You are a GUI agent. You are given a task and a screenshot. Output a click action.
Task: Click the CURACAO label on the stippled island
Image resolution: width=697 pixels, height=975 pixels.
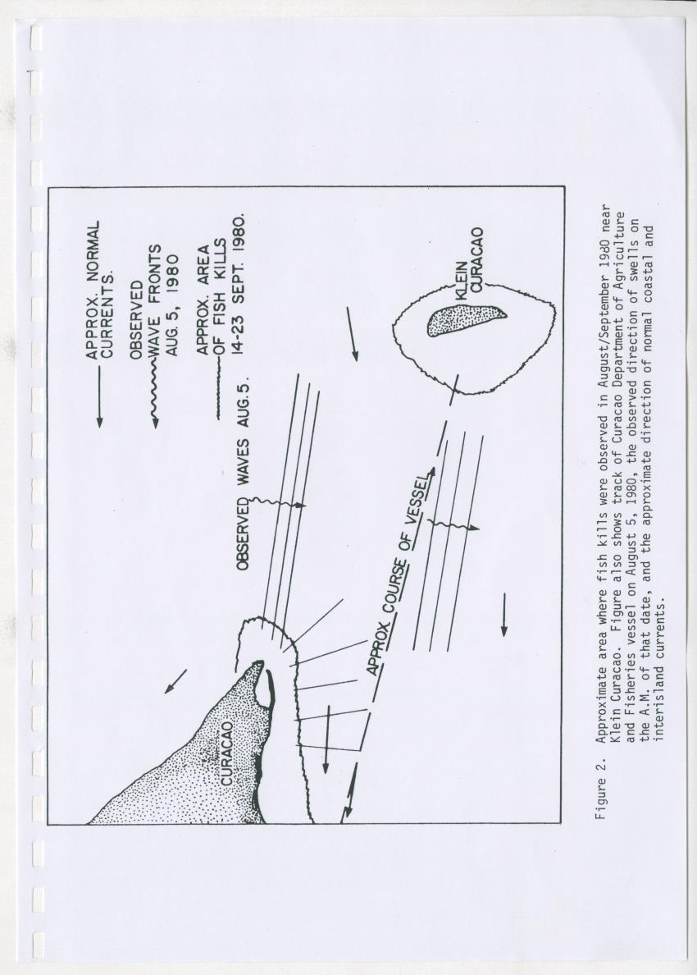(227, 753)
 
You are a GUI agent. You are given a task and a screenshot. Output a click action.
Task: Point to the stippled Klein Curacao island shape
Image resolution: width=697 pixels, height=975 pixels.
(465, 320)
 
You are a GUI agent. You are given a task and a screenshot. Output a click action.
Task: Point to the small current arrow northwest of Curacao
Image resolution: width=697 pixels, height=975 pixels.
(175, 681)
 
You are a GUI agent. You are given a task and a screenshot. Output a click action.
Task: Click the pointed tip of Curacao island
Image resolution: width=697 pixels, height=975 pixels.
(259, 663)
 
